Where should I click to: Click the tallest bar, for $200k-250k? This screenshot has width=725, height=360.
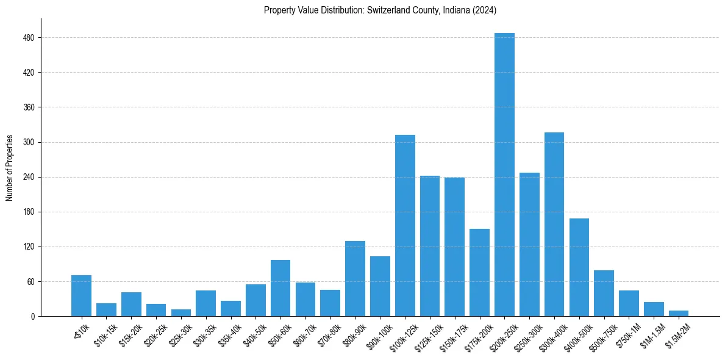504,175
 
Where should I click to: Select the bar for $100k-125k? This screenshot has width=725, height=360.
405,226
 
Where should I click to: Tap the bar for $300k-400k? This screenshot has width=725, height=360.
554,225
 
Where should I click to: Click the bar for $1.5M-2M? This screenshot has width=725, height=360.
679,314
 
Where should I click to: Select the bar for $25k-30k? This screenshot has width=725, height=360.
181,313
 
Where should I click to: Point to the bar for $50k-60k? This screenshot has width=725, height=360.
280,288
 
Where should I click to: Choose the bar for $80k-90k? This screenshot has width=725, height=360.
355,279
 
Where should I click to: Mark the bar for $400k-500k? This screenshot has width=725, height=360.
579,267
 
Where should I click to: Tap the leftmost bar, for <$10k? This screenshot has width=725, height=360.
81,296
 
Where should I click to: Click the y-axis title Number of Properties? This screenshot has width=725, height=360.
10,168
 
